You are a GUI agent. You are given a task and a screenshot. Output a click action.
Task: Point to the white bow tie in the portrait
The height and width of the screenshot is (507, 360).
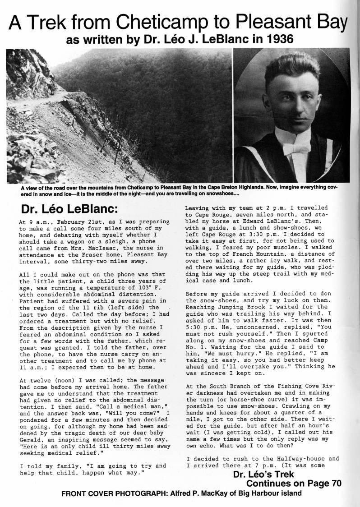292,149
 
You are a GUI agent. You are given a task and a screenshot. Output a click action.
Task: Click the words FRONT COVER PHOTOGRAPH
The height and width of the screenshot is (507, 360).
113,493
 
